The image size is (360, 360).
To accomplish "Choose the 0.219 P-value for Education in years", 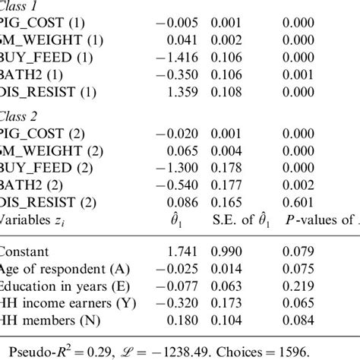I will click(295, 285).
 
